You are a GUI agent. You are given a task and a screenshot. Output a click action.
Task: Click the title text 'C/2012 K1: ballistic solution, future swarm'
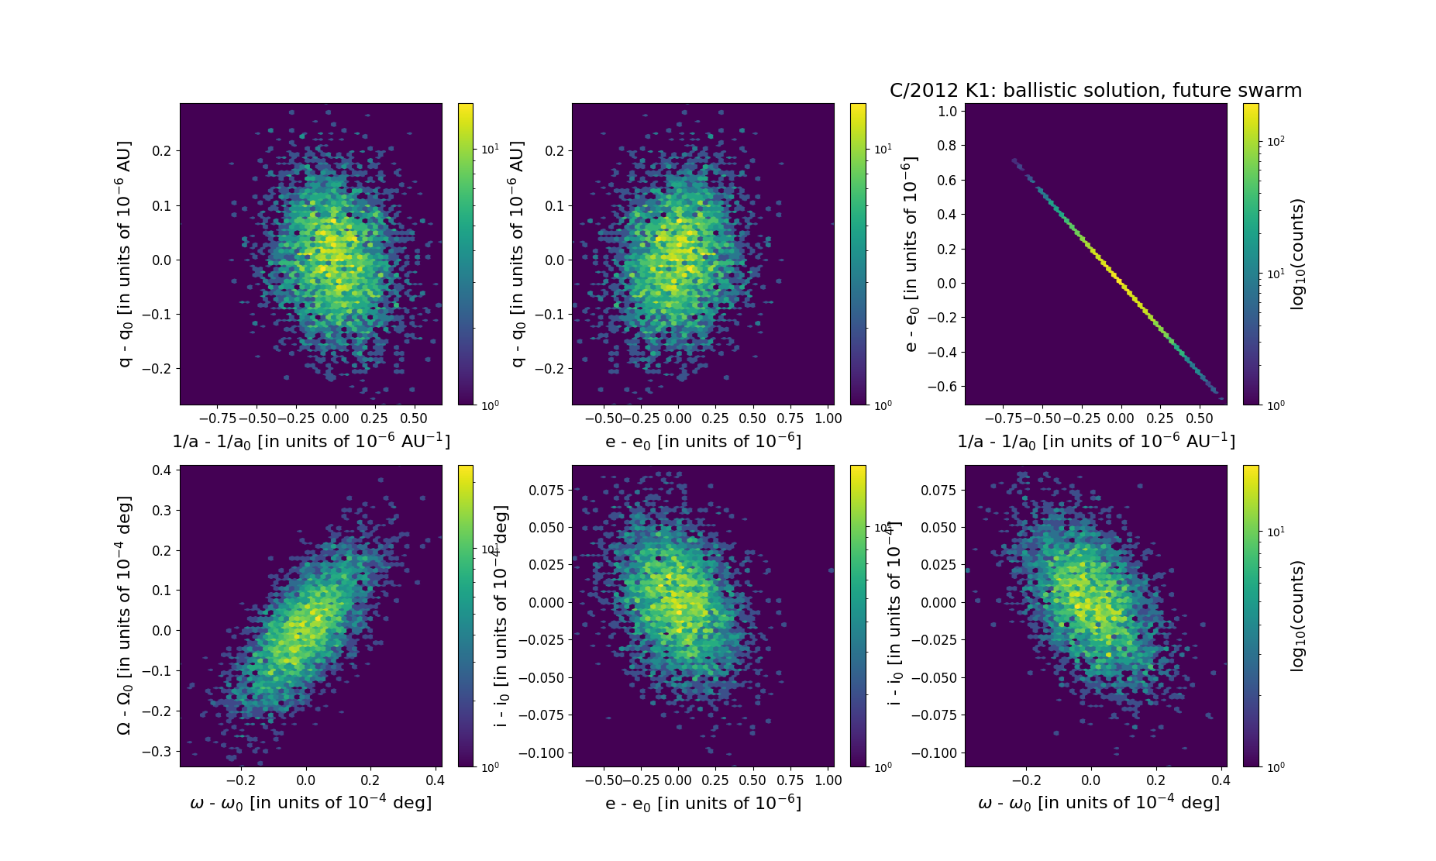[1095, 91]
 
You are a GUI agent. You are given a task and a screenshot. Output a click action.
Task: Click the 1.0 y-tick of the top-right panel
[947, 111]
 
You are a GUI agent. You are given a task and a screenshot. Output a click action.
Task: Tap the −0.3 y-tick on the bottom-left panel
[158, 751]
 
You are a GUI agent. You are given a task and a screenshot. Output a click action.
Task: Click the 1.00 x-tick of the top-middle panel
[828, 418]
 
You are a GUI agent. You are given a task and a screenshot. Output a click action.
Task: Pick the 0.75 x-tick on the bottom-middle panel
[790, 780]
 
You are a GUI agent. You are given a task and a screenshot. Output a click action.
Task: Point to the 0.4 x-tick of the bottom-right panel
[1221, 780]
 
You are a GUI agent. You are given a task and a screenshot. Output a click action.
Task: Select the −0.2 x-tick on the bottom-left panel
[240, 780]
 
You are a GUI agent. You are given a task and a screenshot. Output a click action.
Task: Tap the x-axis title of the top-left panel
[311, 441]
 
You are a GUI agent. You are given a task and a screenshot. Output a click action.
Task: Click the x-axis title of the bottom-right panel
[1098, 803]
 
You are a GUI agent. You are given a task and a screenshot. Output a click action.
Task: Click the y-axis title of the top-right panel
[911, 254]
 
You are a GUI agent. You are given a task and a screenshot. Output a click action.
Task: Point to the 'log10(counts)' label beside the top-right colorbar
[1297, 254]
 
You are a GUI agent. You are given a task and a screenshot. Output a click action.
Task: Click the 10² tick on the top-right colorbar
[1276, 141]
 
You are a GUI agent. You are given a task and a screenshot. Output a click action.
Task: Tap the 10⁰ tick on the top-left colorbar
[491, 405]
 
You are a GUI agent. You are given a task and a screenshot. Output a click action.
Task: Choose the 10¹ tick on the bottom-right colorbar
[1276, 532]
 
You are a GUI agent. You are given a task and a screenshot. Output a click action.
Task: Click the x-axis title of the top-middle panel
[703, 441]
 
